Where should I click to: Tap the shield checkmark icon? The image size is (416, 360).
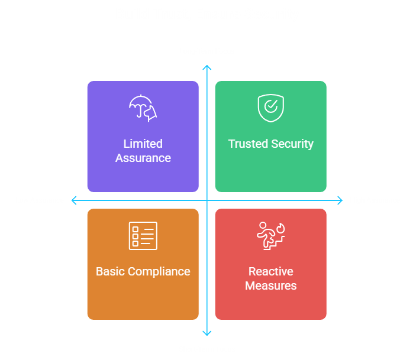tap(270, 108)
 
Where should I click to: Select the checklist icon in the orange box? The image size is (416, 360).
tap(143, 236)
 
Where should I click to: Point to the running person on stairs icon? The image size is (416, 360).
tap(270, 236)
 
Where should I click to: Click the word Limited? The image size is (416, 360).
tap(143, 144)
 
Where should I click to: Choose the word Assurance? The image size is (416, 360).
tap(143, 158)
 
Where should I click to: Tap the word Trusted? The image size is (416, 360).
tap(248, 144)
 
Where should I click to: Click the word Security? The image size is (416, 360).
tap(292, 144)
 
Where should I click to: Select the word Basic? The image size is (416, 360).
tap(111, 271)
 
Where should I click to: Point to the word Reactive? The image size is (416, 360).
tap(270, 271)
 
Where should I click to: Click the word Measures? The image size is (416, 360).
tap(270, 286)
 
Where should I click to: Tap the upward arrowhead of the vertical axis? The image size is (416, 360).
tap(207, 67)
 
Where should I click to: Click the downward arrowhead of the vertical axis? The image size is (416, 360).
tap(207, 333)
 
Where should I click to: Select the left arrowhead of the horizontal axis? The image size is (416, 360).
tap(74, 200)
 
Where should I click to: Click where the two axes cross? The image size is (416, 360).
tap(207, 200)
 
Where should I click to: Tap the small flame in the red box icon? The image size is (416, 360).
tap(280, 227)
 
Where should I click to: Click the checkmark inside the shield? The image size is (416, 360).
tap(271, 106)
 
